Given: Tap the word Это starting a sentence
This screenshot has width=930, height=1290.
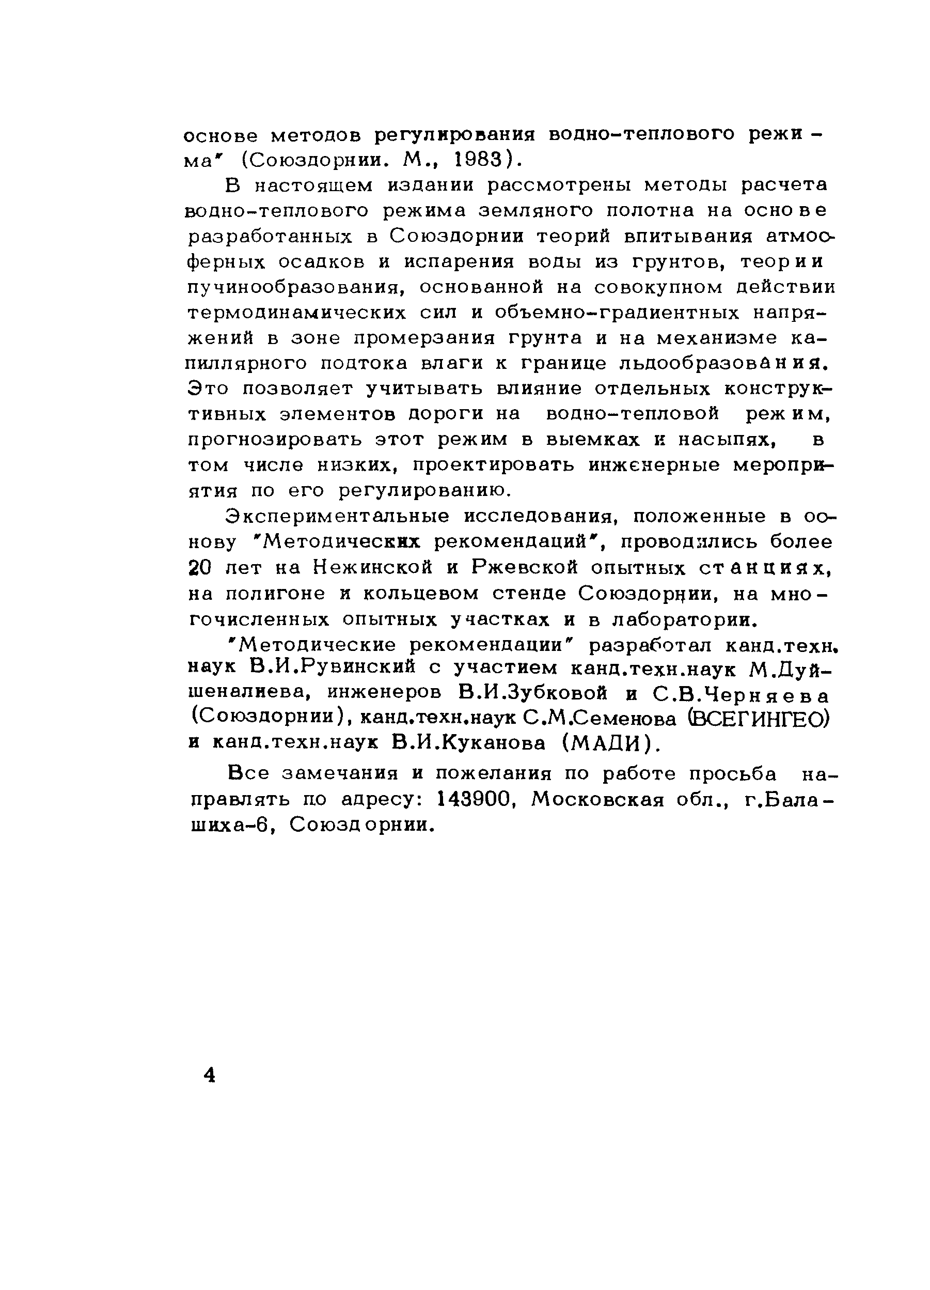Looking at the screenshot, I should click(x=208, y=389).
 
